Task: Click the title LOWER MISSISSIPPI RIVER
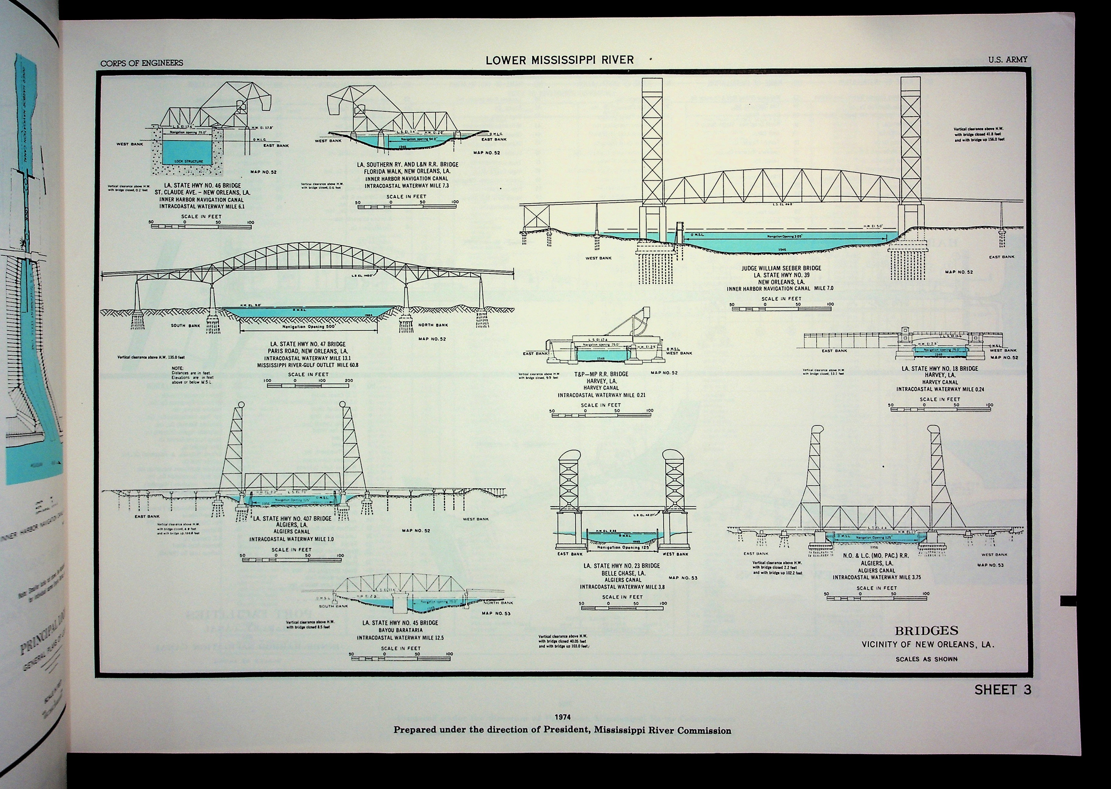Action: point(559,60)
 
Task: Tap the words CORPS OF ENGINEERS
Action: point(142,63)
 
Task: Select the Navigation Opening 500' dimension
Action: point(309,327)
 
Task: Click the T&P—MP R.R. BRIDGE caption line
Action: point(601,374)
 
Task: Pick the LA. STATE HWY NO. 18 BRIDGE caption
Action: point(940,369)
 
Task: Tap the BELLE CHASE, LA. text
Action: point(622,573)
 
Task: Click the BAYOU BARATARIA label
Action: point(400,630)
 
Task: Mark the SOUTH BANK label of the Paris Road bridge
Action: point(185,326)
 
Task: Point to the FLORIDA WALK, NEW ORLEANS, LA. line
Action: point(407,171)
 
